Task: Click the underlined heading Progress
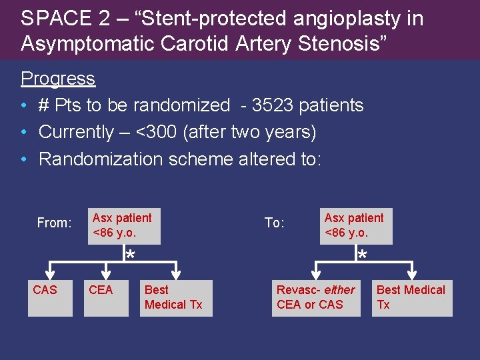pyautogui.click(x=58, y=79)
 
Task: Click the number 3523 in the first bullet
pyautogui.click(x=274, y=105)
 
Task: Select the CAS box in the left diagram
pyautogui.click(x=50, y=297)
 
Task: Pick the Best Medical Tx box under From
pyautogui.click(x=176, y=297)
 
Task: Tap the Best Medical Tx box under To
pyautogui.click(x=412, y=297)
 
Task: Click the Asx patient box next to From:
pyautogui.click(x=124, y=226)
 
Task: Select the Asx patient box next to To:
pyautogui.click(x=356, y=226)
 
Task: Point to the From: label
pyautogui.click(x=54, y=223)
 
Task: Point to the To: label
pyautogui.click(x=275, y=223)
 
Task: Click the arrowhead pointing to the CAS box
pyautogui.click(x=52, y=274)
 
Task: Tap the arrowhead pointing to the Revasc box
pyautogui.click(x=314, y=274)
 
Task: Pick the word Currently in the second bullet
pyautogui.click(x=76, y=132)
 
